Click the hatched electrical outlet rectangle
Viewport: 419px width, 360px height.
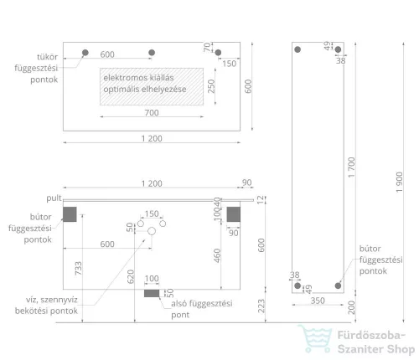(x=152, y=86)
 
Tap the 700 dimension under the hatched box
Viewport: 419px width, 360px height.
(x=152, y=113)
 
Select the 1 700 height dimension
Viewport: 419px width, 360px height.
(x=351, y=167)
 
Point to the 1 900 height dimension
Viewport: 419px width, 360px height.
(x=400, y=182)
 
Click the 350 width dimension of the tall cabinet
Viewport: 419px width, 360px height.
(x=318, y=301)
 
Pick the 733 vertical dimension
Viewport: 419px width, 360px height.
(x=79, y=268)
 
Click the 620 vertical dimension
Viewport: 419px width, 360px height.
(x=131, y=276)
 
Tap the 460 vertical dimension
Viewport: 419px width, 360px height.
(x=217, y=255)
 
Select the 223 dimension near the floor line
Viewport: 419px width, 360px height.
(x=261, y=306)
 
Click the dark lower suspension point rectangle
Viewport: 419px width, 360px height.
(x=152, y=293)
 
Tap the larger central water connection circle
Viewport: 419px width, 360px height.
(x=152, y=231)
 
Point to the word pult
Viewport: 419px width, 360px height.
(x=54, y=198)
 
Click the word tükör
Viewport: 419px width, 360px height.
(x=47, y=57)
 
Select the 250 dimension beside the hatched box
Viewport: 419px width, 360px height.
(x=211, y=86)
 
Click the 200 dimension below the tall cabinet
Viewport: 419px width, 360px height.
(x=351, y=307)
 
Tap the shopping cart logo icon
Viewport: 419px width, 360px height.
(x=315, y=338)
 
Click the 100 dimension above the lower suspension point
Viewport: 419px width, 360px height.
(x=152, y=279)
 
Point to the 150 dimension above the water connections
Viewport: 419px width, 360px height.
(x=152, y=213)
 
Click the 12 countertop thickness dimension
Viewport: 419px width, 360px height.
(x=261, y=200)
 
